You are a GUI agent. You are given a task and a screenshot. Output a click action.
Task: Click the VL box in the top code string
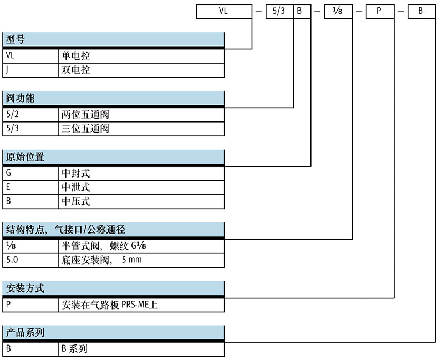pyautogui.click(x=224, y=12)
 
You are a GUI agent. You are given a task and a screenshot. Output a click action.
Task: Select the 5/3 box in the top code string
pyautogui.click(x=279, y=12)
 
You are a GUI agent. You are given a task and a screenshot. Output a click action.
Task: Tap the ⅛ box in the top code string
pyautogui.click(x=338, y=12)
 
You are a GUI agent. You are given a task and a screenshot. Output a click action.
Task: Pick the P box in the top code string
pyautogui.click(x=380, y=12)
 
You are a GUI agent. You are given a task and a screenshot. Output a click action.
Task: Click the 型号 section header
pyautogui.click(x=114, y=39)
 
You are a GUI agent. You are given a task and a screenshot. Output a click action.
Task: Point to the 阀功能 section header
pyautogui.click(x=114, y=98)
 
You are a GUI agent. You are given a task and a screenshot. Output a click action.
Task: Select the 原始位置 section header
pyautogui.click(x=114, y=157)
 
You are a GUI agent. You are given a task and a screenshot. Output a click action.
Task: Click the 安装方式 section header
pyautogui.click(x=114, y=288)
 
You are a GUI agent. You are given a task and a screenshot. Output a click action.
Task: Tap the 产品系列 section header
pyautogui.click(x=114, y=333)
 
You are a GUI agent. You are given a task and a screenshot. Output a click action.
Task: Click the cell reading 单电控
pyautogui.click(x=141, y=56)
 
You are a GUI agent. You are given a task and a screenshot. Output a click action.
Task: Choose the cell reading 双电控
pyautogui.click(x=141, y=70)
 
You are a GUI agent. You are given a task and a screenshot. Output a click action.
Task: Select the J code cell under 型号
pyautogui.click(x=30, y=70)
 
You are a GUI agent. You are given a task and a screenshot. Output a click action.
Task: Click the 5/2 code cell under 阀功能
pyautogui.click(x=30, y=115)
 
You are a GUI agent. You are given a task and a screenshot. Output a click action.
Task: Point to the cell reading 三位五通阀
pyautogui.click(x=141, y=129)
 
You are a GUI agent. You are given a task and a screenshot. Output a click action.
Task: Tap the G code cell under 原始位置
pyautogui.click(x=30, y=173)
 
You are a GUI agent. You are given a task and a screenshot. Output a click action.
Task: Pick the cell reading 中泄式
pyautogui.click(x=141, y=187)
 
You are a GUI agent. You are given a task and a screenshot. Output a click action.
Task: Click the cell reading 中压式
pyautogui.click(x=141, y=201)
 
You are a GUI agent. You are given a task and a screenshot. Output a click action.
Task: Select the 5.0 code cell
pyautogui.click(x=30, y=260)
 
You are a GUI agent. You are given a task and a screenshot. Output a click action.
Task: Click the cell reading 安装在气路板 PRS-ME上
pyautogui.click(x=141, y=305)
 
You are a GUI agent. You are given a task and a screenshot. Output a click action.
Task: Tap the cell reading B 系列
pyautogui.click(x=141, y=349)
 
